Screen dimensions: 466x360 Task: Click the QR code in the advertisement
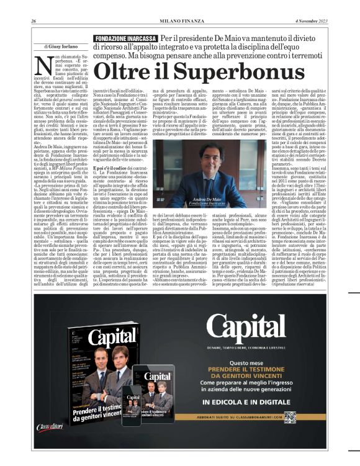[x=290, y=416]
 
